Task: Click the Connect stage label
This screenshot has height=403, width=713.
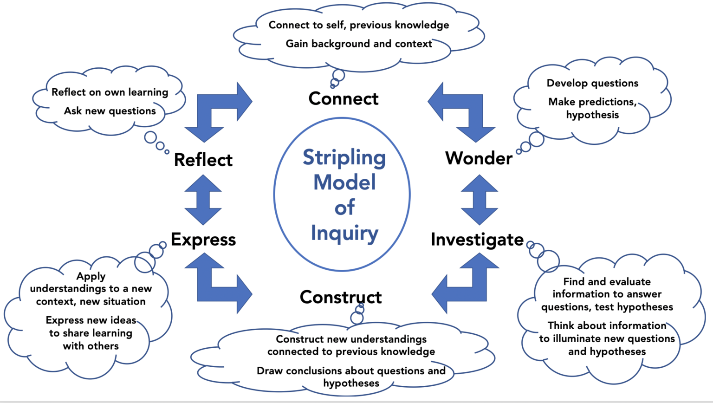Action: click(344, 98)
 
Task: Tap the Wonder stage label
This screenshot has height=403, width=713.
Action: click(479, 158)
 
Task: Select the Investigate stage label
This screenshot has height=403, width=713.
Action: click(477, 240)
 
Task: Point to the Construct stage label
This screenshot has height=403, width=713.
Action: click(341, 297)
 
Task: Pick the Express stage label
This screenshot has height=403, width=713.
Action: click(203, 240)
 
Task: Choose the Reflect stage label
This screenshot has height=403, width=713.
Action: click(203, 160)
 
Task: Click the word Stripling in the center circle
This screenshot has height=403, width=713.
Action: click(344, 158)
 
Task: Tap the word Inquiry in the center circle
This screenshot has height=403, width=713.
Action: click(344, 233)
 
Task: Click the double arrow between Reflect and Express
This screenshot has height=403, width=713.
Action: click(203, 200)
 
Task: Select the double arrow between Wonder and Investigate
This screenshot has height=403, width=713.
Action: click(479, 200)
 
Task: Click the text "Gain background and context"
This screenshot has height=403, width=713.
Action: click(359, 44)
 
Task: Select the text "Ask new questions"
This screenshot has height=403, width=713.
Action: click(110, 111)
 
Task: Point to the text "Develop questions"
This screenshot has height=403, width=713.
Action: click(592, 83)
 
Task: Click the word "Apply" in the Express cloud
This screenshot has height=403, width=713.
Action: click(91, 276)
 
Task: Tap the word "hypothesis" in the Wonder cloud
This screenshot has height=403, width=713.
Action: click(592, 115)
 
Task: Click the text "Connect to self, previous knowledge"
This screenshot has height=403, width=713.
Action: click(359, 25)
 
